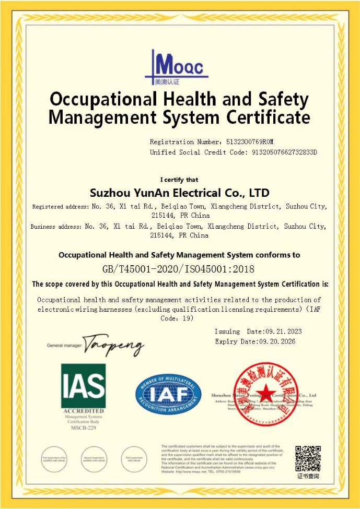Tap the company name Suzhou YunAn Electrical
tap(180, 193)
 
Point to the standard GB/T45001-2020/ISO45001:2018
tap(179, 269)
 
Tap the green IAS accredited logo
tap(83, 386)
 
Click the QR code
tap(308, 458)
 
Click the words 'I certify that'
tap(179, 180)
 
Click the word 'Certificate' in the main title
tap(268, 116)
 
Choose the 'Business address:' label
tap(56, 227)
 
